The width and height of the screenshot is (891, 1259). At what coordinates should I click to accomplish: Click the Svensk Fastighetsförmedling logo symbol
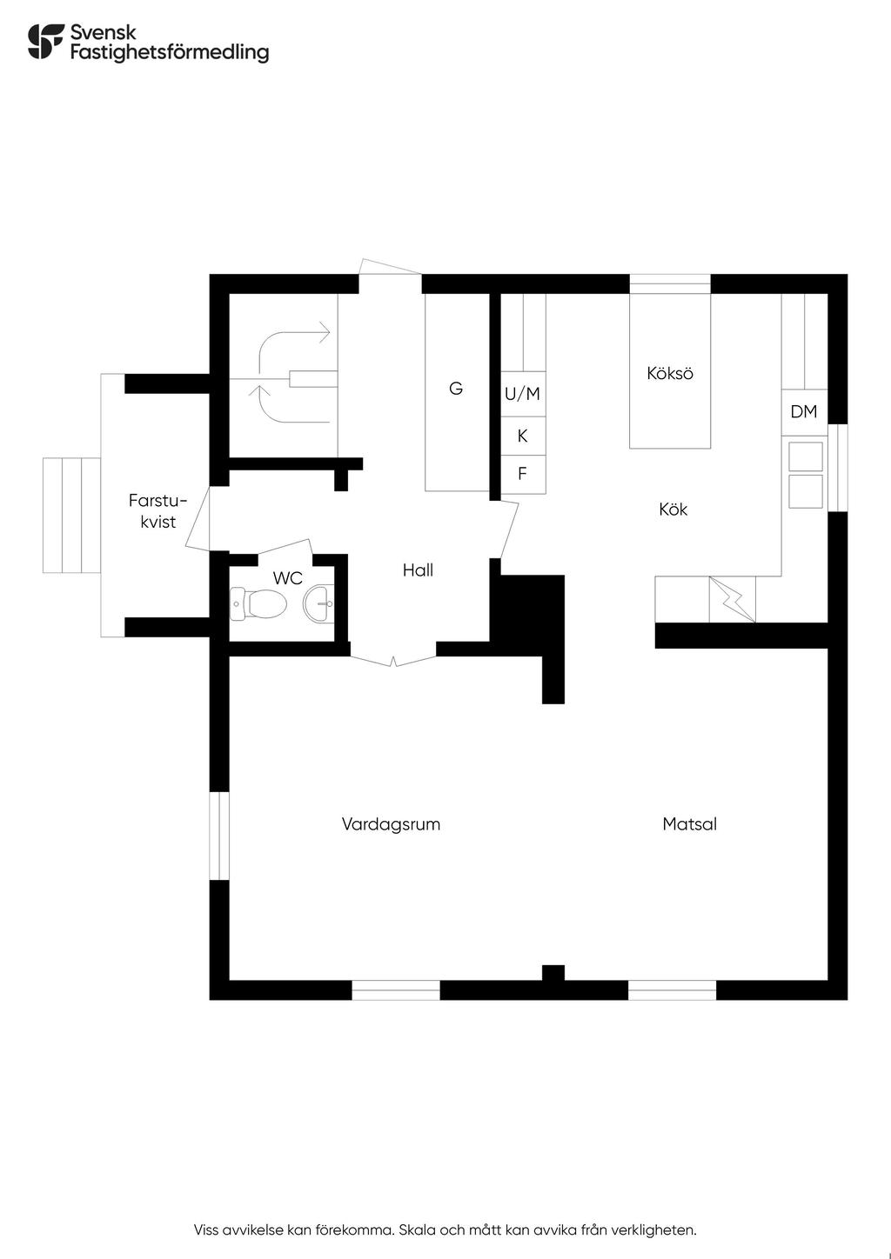tap(46, 42)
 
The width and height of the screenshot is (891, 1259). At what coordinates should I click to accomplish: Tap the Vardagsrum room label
tap(391, 824)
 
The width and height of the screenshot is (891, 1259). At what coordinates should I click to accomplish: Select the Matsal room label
tap(690, 824)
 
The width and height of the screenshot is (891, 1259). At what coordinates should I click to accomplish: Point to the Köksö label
tap(669, 373)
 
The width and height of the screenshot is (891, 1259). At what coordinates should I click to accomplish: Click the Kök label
tap(673, 510)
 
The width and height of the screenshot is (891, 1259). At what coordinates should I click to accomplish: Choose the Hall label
tap(418, 570)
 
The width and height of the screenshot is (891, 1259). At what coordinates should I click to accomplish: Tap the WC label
tap(287, 578)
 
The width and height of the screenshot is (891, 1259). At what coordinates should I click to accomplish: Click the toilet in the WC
tap(258, 604)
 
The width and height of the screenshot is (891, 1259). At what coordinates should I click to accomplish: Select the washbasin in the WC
tap(318, 603)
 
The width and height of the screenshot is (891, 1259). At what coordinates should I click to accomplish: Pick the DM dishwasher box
tap(804, 412)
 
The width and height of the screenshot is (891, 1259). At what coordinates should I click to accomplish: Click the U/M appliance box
tap(523, 393)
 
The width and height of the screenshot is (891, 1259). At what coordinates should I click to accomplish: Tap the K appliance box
tap(523, 436)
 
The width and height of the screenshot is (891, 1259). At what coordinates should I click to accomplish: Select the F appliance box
tap(523, 475)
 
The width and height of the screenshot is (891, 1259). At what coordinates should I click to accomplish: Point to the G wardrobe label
tap(456, 388)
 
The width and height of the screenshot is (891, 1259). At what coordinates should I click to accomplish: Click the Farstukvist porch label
tap(158, 511)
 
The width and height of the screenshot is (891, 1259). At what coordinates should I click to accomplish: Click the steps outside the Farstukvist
tap(72, 516)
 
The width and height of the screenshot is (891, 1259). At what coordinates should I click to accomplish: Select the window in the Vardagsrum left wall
tap(219, 836)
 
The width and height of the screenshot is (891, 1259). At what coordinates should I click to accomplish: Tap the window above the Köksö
tap(669, 283)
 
